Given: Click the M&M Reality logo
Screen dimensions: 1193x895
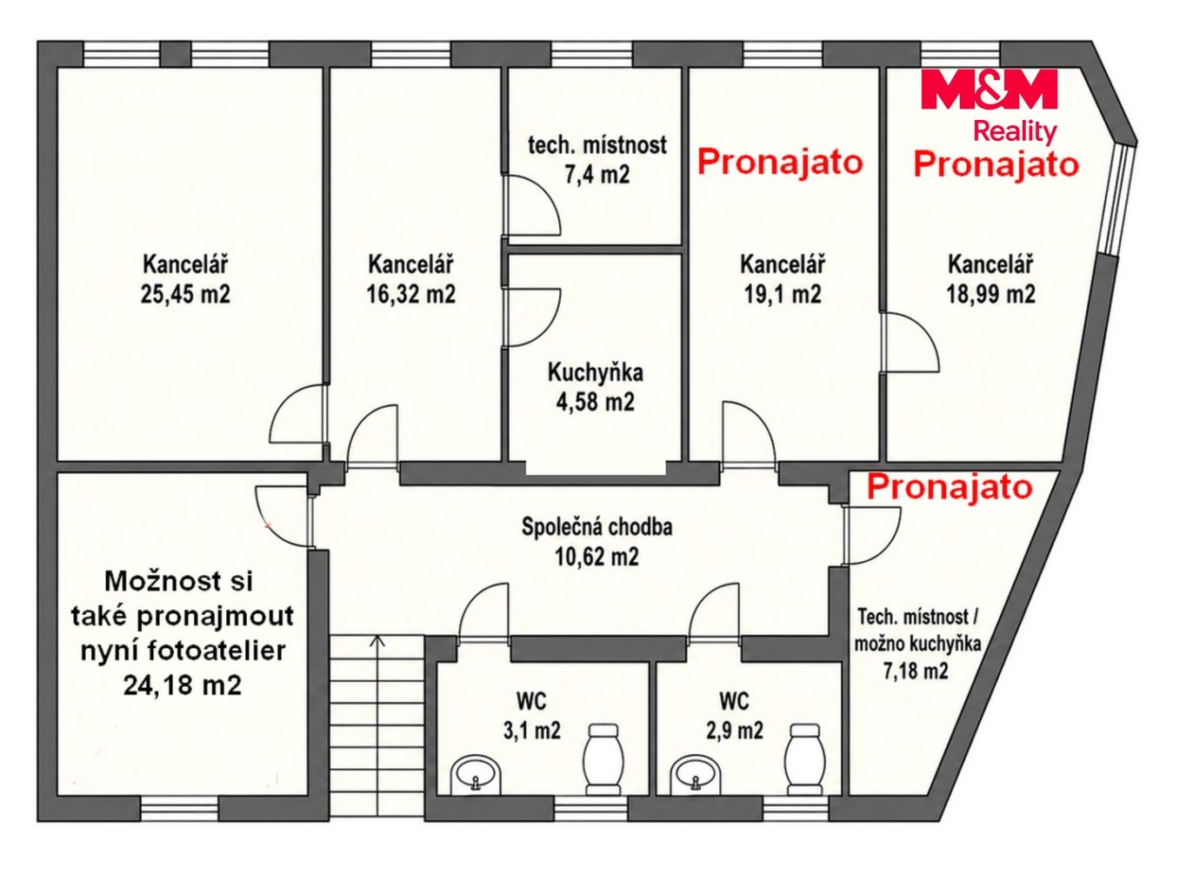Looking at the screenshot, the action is [x=989, y=106].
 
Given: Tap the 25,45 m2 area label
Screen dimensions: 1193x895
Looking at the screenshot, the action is [x=185, y=295].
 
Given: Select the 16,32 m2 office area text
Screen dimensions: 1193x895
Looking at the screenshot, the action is [x=411, y=295].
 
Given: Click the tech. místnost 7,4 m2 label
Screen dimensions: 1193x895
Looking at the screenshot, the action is [x=597, y=160].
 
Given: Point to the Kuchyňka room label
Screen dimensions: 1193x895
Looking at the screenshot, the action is [x=595, y=373].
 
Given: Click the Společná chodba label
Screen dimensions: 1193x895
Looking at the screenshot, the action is [x=596, y=527].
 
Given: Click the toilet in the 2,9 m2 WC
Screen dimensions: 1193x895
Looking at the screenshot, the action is [x=805, y=759].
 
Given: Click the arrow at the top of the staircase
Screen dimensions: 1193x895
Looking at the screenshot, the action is [x=377, y=641].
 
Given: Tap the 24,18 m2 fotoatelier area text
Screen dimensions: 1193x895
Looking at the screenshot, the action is [x=182, y=685].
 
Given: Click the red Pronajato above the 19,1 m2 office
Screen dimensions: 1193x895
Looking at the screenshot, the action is [x=780, y=162].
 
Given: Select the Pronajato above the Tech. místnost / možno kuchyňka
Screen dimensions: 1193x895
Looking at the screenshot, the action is [x=949, y=486].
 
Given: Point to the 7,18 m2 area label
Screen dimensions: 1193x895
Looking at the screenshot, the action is [x=916, y=671].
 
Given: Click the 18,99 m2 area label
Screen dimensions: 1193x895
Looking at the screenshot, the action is [x=990, y=295].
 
